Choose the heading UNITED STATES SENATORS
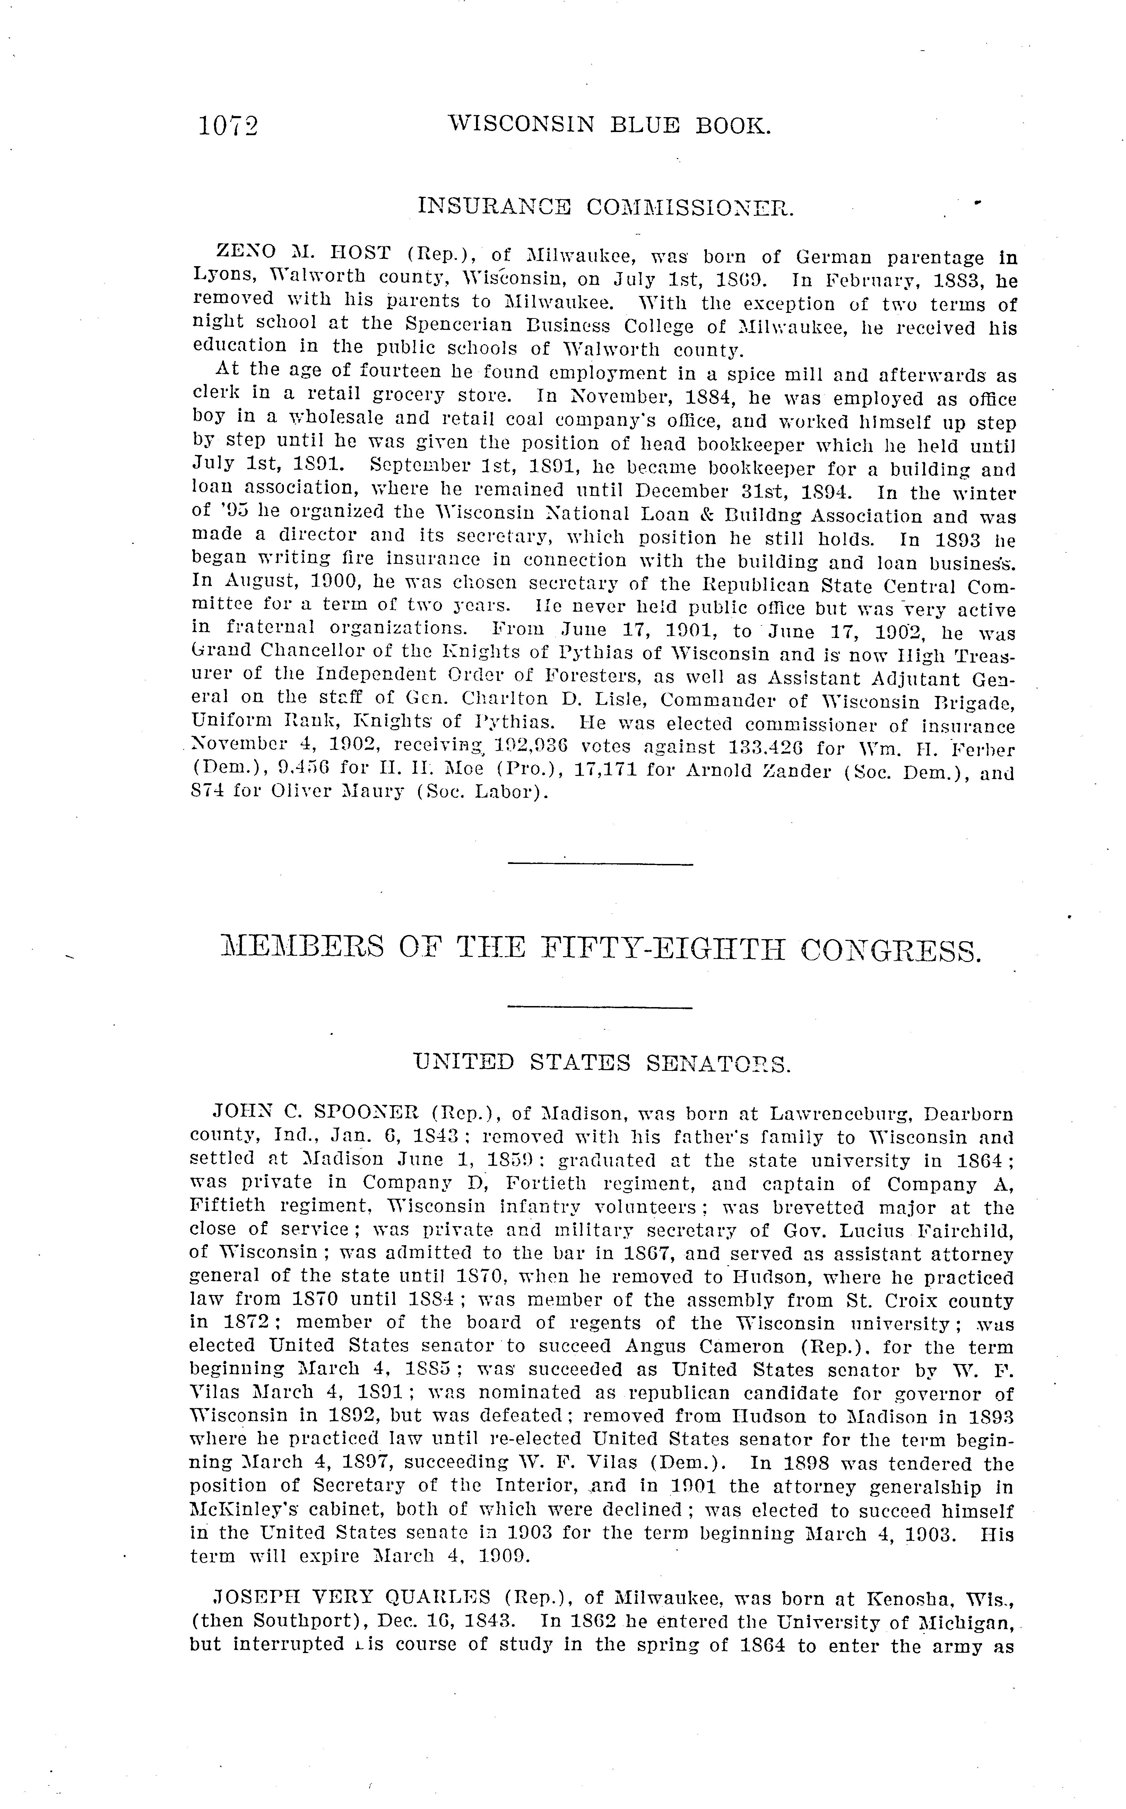coord(602,1063)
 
